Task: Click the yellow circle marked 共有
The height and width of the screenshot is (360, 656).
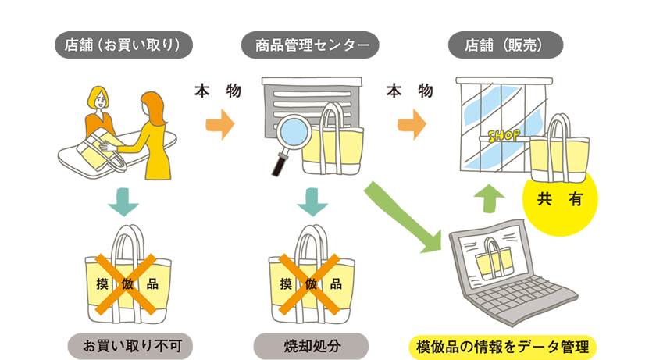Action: tap(559, 199)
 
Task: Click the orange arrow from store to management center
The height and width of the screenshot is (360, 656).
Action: tap(220, 123)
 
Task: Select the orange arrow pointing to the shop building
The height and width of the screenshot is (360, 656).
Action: tap(412, 123)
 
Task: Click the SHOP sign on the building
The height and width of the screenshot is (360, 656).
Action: tap(501, 136)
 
